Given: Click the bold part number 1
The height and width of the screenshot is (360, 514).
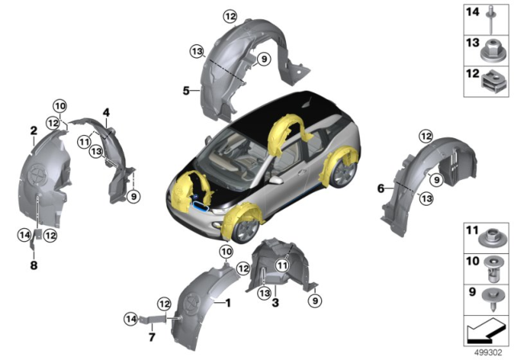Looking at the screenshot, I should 227,303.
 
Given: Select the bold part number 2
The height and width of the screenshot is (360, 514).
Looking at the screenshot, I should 34,130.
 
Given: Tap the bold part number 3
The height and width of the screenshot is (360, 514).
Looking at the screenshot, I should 275,303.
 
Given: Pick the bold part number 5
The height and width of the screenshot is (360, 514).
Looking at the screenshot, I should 186,92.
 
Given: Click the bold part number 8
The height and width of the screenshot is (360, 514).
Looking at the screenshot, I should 34,265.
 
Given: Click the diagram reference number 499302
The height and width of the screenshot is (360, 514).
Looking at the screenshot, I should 485,352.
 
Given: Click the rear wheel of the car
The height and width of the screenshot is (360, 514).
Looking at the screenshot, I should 345,174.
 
